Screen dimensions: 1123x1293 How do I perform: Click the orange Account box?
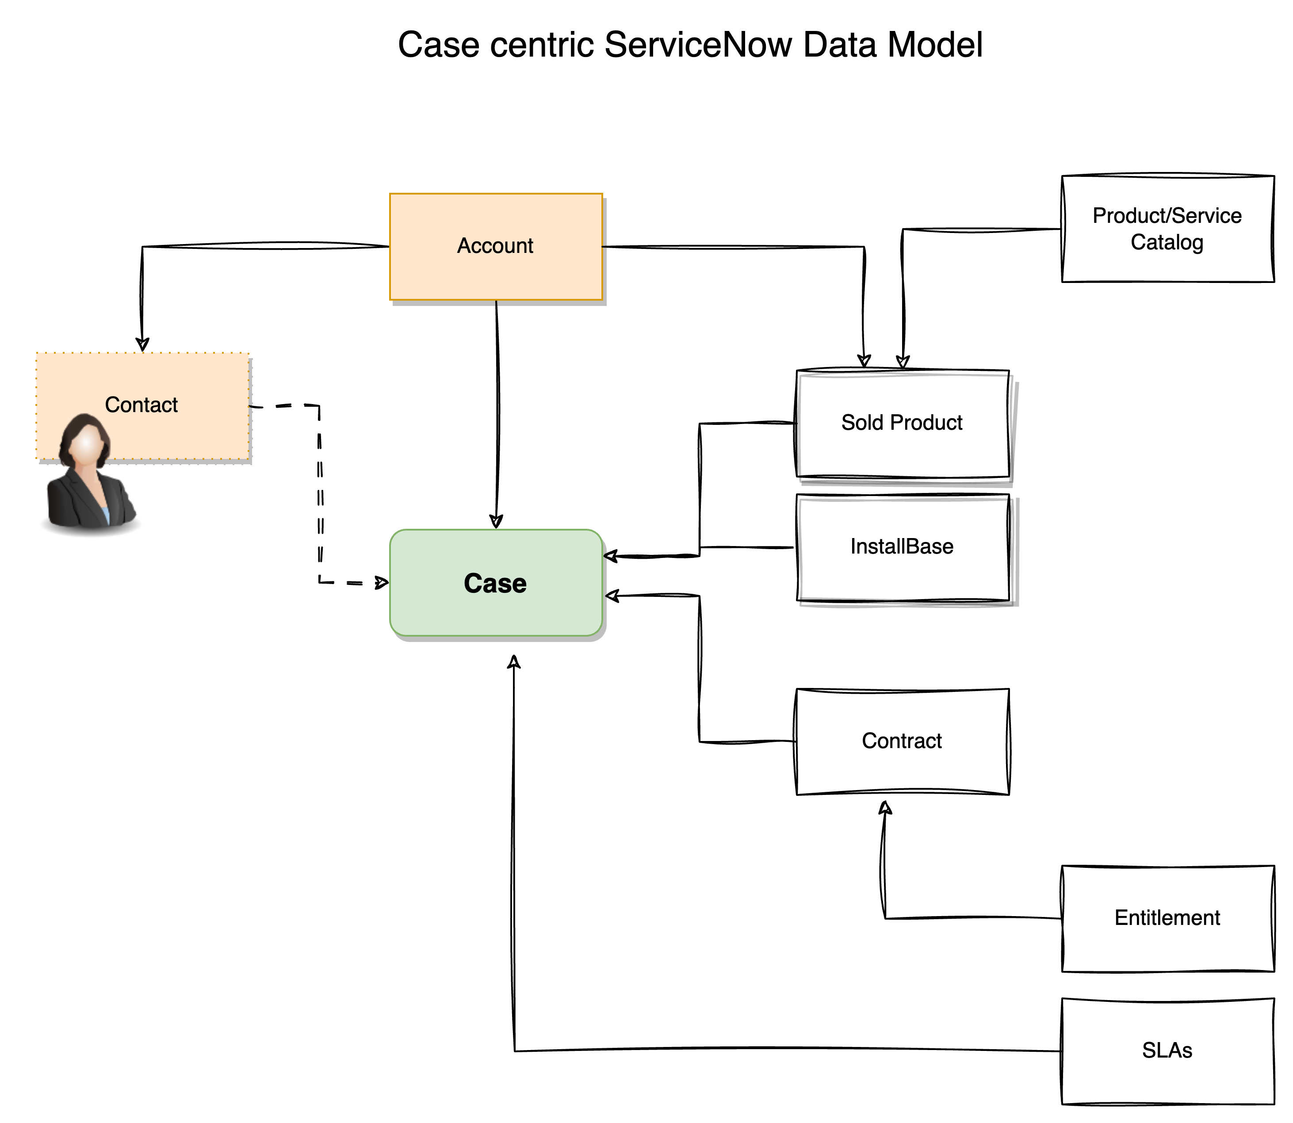click(x=495, y=246)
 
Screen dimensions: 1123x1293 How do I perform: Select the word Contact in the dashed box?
click(x=141, y=405)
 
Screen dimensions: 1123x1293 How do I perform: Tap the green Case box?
click(x=495, y=583)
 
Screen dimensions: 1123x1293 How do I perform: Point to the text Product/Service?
click(x=1167, y=216)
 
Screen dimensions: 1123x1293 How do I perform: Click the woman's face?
click(x=87, y=444)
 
